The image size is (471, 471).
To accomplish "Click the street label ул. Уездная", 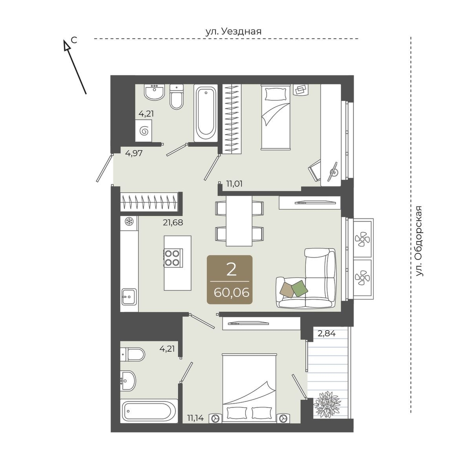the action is tap(233, 31).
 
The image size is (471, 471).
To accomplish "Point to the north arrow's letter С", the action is tap(74, 40).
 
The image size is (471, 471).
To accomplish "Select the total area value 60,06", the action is tap(231, 292).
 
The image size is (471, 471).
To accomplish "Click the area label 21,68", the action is tap(173, 223).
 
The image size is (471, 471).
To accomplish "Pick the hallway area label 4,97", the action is tap(134, 153).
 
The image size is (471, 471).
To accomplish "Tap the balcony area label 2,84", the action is tap(326, 333).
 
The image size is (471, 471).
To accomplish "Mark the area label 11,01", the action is tap(234, 184).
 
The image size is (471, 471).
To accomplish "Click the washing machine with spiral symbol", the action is tap(144, 131).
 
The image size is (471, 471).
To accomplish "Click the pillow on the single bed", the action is tap(276, 94).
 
